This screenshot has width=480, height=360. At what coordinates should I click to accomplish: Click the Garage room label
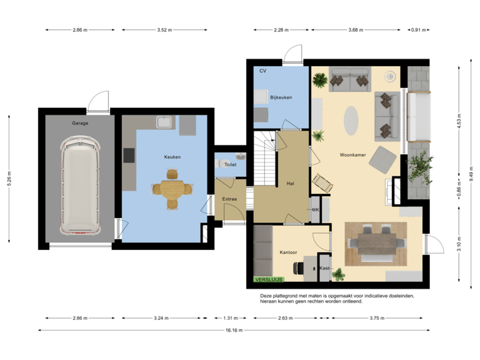[x=80, y=123]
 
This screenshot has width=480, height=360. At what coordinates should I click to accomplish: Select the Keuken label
[x=173, y=157]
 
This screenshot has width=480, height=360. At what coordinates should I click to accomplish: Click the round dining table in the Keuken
[x=173, y=189]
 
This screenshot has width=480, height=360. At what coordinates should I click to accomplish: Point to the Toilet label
[x=231, y=164]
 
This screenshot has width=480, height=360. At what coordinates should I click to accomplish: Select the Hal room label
[x=291, y=182]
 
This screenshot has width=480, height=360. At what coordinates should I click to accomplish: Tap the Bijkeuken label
[x=281, y=98]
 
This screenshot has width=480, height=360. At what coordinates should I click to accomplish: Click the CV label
[x=263, y=70]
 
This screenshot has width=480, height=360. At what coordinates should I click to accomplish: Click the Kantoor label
[x=289, y=252]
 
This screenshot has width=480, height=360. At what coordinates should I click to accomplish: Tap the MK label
[x=315, y=210]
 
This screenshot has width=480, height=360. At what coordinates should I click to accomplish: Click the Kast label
[x=325, y=268]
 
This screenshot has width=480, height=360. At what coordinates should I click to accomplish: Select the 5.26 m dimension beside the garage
[x=9, y=177]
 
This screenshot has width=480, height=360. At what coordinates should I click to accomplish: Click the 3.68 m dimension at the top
[x=356, y=29]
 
